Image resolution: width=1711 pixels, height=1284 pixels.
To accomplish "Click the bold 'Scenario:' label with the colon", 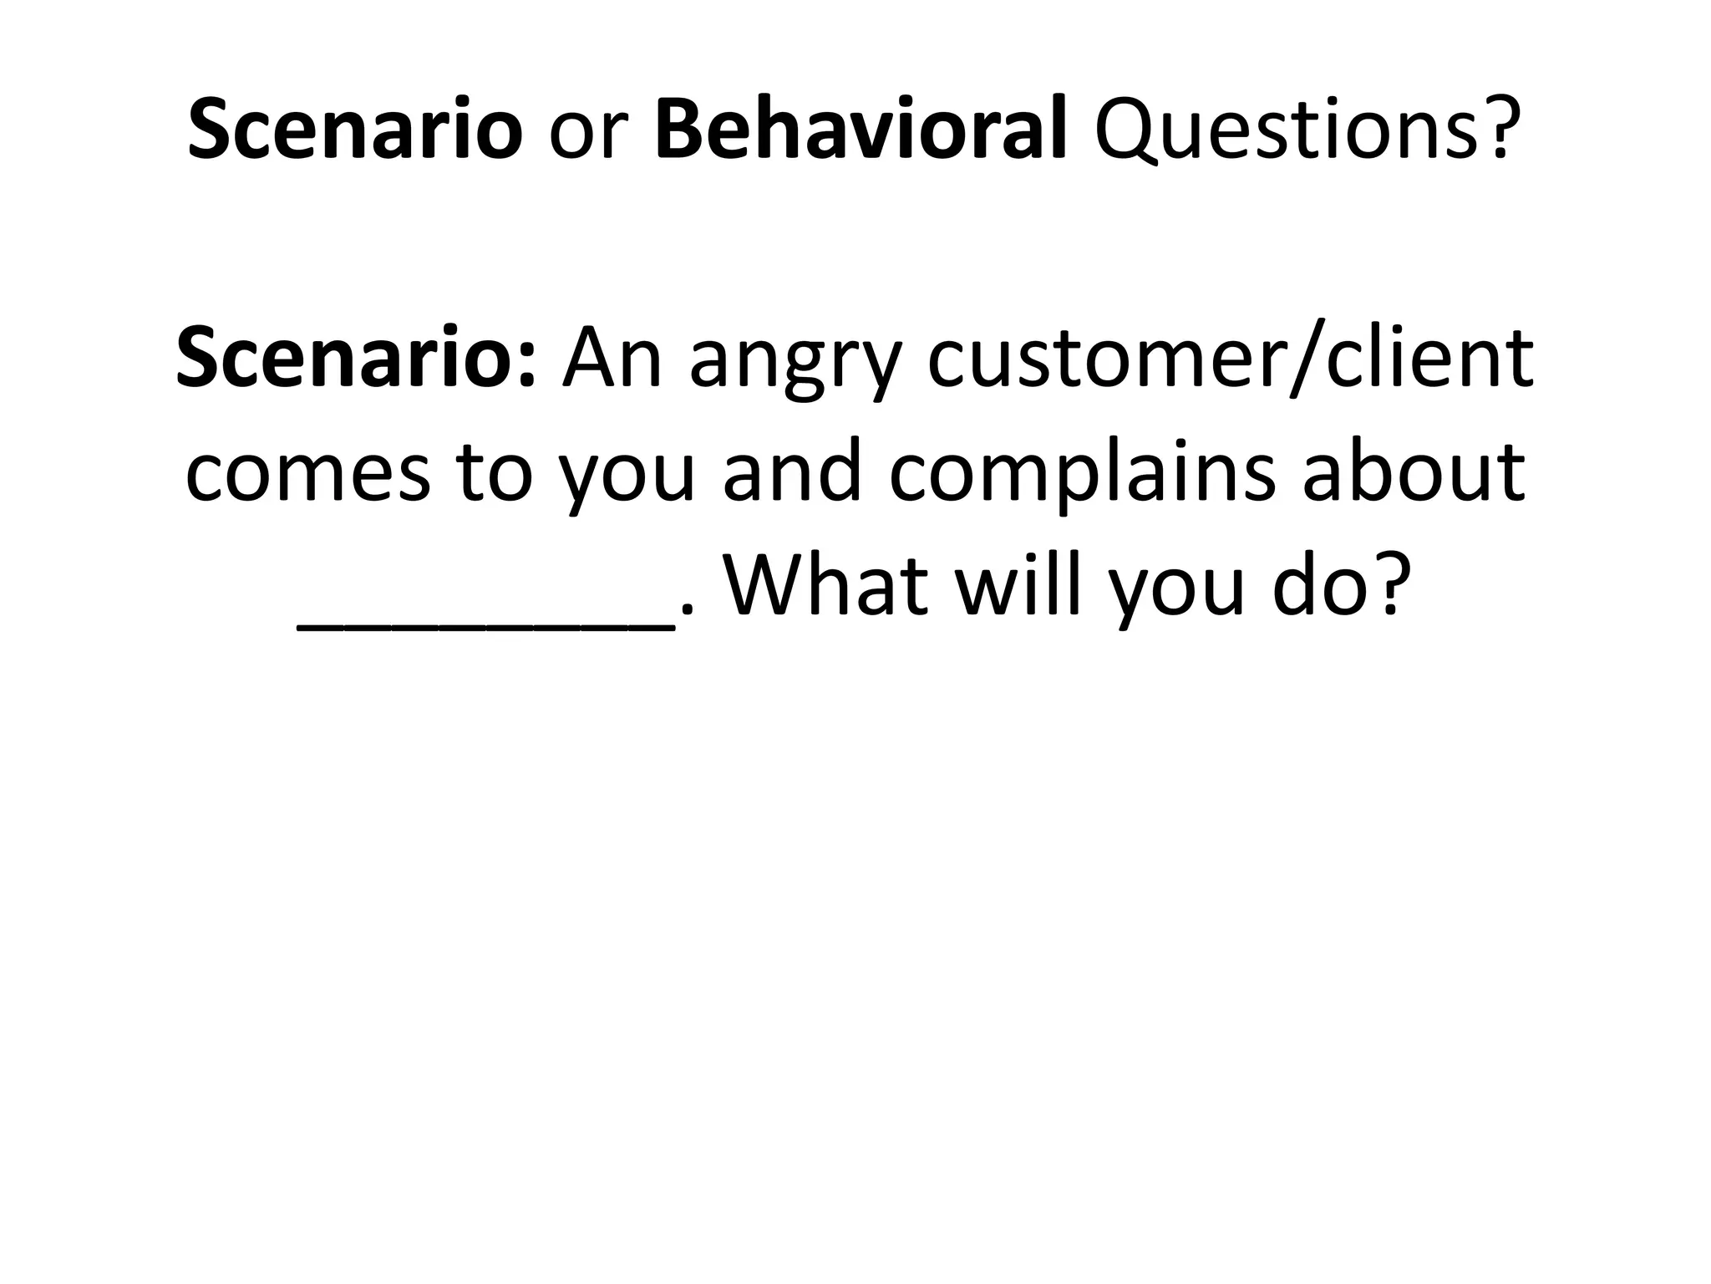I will tap(356, 358).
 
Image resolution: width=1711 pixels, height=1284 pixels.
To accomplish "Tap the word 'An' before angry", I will tap(612, 358).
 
